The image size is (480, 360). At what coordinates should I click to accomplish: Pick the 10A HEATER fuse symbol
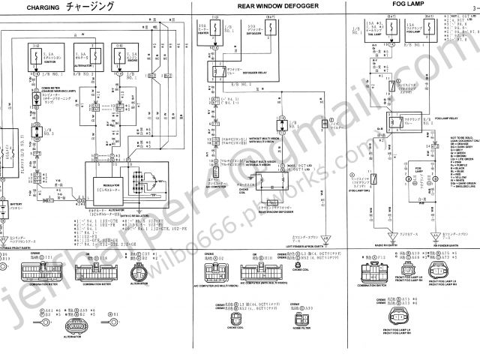point(207,31)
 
